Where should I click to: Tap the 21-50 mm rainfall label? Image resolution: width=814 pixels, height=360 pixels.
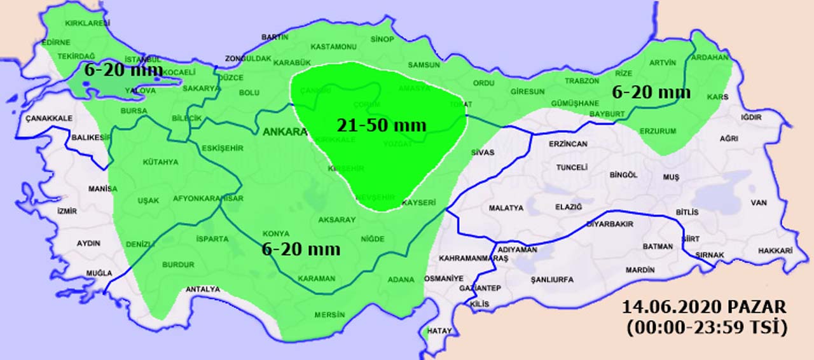pos(382,125)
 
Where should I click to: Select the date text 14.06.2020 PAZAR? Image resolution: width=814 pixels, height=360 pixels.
pos(705,307)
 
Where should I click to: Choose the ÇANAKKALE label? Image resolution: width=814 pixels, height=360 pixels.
pos(49,118)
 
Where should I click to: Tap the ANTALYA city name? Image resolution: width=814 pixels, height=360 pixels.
pos(203,289)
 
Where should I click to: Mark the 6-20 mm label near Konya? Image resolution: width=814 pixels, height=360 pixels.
pos(301,249)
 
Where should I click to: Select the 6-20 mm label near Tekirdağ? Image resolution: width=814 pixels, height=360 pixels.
pos(123,70)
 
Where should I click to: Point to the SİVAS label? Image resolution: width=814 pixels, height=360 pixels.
pos(483,153)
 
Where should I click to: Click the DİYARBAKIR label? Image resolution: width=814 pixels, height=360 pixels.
pos(609,225)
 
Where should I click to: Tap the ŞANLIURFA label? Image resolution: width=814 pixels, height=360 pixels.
pos(552,279)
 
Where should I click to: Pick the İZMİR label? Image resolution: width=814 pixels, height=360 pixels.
pos(67,211)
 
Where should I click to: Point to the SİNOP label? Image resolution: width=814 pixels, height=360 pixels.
pos(382,39)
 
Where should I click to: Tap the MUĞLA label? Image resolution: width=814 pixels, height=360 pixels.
pos(100,273)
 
